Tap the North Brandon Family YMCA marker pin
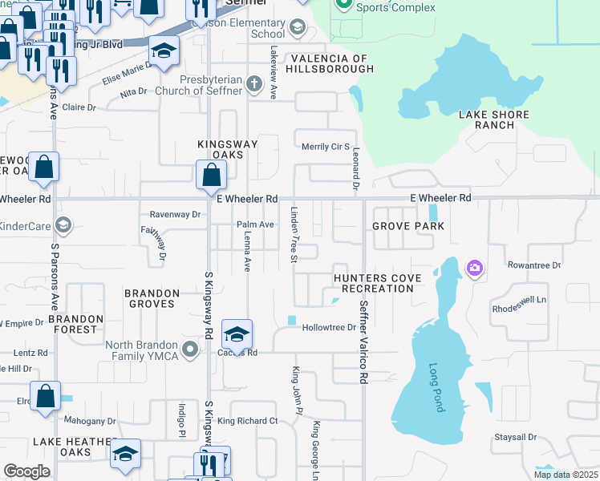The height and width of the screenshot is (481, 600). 190,350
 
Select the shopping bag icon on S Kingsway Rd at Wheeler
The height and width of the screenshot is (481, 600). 210,173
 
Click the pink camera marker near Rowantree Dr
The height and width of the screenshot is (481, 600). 476,268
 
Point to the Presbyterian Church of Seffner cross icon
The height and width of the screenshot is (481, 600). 253,84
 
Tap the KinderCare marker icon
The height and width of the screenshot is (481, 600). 63,226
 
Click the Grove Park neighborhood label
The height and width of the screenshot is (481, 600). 408,226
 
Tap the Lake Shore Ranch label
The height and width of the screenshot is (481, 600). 494,119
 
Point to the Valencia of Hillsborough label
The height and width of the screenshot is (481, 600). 332,64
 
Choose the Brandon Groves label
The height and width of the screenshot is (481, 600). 150,299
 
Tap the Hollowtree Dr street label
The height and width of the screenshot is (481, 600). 329,327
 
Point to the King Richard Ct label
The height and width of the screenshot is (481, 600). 247,421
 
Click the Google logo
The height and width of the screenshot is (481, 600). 26,471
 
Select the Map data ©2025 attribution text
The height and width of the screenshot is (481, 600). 566,475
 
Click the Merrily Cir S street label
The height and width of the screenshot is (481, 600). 325,147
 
